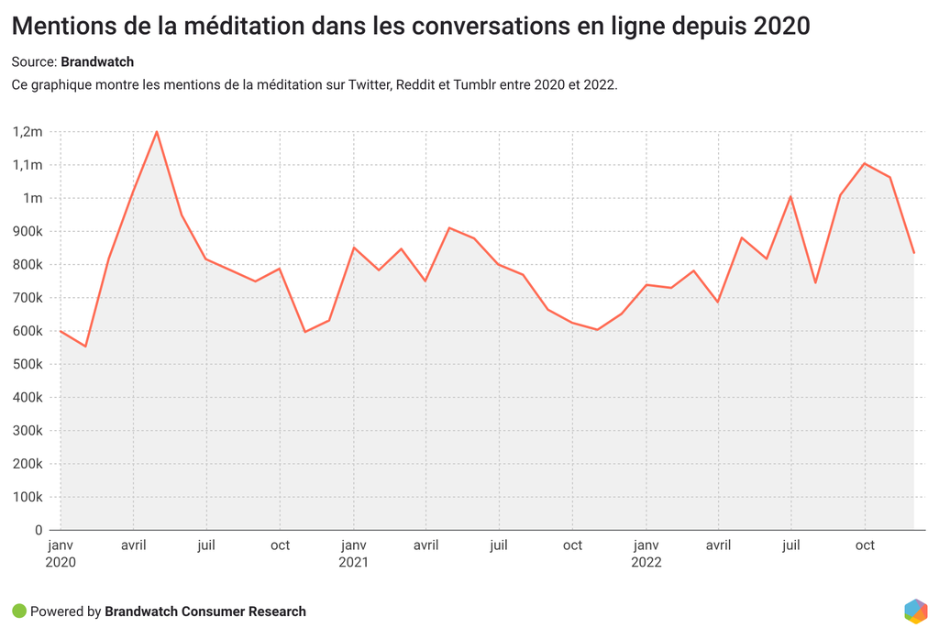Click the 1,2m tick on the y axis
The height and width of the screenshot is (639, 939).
coord(28,132)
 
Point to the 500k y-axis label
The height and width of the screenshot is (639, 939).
coord(28,365)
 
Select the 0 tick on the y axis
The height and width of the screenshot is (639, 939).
coord(39,531)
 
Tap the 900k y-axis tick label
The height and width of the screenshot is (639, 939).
coord(28,232)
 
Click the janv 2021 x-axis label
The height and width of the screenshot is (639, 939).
coord(353,553)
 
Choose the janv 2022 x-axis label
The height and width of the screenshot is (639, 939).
coord(646,553)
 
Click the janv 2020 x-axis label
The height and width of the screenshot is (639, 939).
coord(61,553)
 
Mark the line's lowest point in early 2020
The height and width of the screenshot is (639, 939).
coord(85,346)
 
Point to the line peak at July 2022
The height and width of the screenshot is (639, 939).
coord(790,196)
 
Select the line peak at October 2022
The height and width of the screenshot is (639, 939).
coord(865,163)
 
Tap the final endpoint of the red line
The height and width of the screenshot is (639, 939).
coord(913,253)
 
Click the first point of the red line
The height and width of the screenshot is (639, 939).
coord(61,331)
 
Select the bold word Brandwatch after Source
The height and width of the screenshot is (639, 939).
coord(97,62)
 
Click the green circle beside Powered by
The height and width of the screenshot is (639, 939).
coord(19,611)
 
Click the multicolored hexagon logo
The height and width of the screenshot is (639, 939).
coord(915,611)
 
